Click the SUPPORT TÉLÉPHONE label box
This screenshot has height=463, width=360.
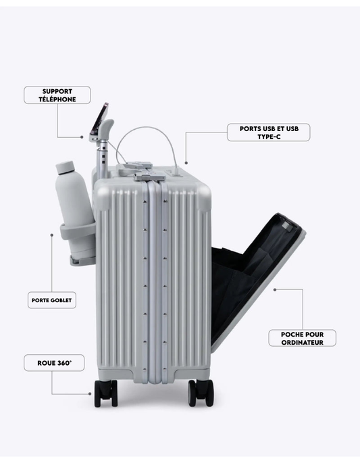(x=57, y=95)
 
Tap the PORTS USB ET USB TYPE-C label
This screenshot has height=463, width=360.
(x=269, y=132)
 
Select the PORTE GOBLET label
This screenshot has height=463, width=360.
(x=51, y=300)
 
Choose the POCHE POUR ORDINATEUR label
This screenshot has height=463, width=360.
(x=302, y=338)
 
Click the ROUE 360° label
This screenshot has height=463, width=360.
(x=54, y=363)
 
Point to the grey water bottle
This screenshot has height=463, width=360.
(x=74, y=210)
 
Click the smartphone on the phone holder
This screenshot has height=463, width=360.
(x=99, y=118)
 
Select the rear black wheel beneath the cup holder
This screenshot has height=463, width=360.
(x=105, y=393)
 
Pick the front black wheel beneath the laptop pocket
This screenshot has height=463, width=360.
(x=201, y=393)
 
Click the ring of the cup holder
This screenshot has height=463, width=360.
(x=78, y=231)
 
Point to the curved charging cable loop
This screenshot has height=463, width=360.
(x=147, y=128)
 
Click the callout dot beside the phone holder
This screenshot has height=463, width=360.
(x=82, y=137)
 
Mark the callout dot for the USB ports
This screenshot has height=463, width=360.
(x=186, y=163)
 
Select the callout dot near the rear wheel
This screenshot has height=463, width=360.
(x=90, y=394)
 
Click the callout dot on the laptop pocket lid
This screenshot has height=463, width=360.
(x=275, y=290)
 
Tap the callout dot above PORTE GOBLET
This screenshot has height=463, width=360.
(x=52, y=235)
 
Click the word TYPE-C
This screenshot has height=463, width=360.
(x=269, y=137)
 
